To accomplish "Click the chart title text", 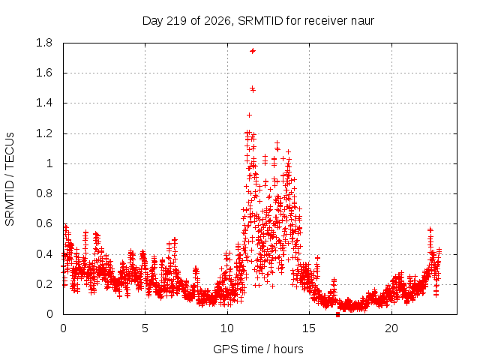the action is click(258, 21).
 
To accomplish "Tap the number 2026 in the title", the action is click(217, 21).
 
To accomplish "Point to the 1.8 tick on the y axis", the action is click(44, 43).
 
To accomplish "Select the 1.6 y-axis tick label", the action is click(44, 73).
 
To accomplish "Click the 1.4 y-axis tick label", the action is click(44, 103).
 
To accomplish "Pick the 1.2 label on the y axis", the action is click(44, 133).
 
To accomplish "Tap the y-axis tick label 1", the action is click(49, 163).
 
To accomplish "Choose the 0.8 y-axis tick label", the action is click(44, 193).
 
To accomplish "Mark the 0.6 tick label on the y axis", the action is click(44, 223).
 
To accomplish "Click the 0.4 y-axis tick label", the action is click(44, 254).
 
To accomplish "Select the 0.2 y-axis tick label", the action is click(44, 284).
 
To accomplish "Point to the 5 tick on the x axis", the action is click(145, 328).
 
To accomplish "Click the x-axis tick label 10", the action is click(227, 328).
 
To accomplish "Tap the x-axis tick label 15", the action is click(309, 328).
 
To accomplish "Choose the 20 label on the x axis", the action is click(391, 328).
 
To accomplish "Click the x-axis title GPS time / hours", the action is click(258, 349).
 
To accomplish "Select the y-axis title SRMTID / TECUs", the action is click(10, 179).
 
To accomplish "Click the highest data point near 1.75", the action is click(253, 51).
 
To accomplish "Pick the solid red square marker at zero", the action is click(337, 314).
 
